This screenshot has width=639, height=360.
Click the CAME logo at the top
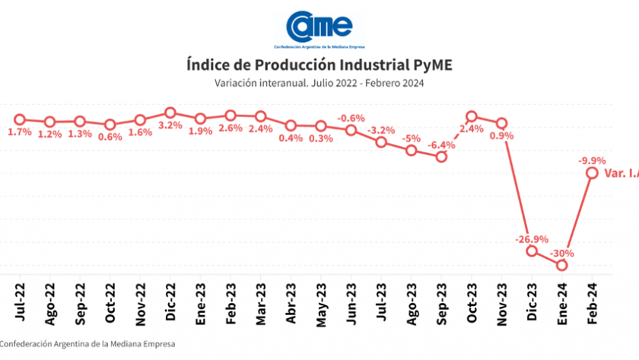point(319,27)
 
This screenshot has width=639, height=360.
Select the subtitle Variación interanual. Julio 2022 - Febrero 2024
point(319,83)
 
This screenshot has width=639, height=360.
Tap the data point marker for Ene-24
point(561,265)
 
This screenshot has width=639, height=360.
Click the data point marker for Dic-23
point(532,250)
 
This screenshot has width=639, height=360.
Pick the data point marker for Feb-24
point(592,173)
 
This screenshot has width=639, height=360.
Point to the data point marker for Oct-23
point(472,116)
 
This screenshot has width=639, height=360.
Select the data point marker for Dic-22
point(170,113)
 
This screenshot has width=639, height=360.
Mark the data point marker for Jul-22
point(20,119)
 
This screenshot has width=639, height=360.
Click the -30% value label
point(563,253)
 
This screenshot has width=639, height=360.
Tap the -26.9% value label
point(530,238)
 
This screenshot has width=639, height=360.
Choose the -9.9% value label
point(592,161)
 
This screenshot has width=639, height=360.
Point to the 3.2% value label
point(170,126)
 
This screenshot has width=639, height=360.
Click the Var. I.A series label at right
point(621,174)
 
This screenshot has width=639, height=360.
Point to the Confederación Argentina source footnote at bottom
point(87,344)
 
